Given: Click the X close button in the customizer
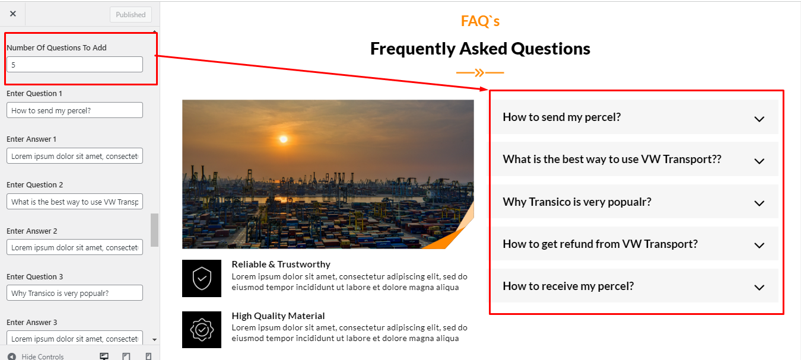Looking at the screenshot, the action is (x=13, y=14).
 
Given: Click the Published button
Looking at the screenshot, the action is (x=131, y=15).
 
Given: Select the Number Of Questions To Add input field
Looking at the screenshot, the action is (x=75, y=65).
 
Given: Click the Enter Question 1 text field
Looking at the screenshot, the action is (x=75, y=110).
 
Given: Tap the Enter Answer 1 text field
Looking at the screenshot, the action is (x=75, y=156).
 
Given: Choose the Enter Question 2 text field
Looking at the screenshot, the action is (x=75, y=202).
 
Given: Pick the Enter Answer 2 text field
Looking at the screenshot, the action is (x=75, y=247).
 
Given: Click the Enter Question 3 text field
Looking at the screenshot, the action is (x=75, y=293).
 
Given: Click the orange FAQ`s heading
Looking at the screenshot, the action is (x=480, y=21).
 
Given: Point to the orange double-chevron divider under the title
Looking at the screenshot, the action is (x=480, y=72).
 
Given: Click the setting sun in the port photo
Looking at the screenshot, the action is (x=284, y=139).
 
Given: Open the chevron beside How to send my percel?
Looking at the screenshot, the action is (x=759, y=119).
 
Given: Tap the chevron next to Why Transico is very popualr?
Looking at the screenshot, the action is (x=759, y=203).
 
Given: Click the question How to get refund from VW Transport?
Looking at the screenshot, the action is (x=600, y=244).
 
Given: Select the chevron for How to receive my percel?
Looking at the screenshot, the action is (x=759, y=288).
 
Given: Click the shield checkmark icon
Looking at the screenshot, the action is (x=202, y=279).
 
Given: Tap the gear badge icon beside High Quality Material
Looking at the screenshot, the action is (x=202, y=330).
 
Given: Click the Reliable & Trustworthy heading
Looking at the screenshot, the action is (x=281, y=264).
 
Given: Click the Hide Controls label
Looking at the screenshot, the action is (x=43, y=356).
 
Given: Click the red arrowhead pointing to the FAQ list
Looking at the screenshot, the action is (x=484, y=88).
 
